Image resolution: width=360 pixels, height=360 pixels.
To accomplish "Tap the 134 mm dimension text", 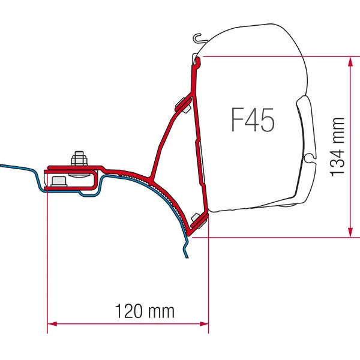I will coord(338,146).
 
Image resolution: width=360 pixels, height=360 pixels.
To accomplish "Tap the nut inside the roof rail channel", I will coord(58,181).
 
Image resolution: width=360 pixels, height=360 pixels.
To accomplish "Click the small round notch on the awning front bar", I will coord(308,158).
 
